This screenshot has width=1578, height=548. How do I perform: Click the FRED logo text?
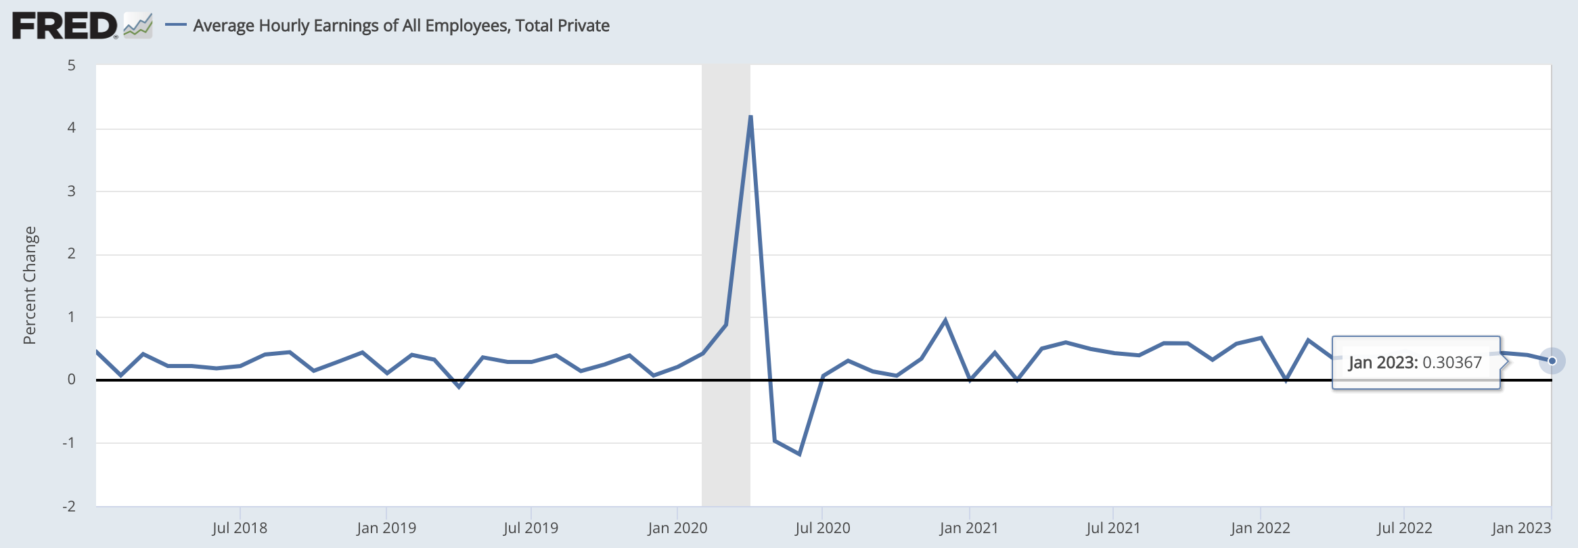[64, 26]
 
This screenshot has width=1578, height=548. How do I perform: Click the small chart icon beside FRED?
[138, 26]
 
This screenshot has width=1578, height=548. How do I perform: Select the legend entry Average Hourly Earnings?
[401, 26]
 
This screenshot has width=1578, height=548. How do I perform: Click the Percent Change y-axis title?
[30, 285]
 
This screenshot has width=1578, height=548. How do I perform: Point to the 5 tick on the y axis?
[71, 66]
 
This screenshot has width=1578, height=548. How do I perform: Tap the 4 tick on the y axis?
[71, 128]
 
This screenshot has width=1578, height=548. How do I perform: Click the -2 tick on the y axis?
[69, 506]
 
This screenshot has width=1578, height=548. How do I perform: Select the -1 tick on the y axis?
[69, 443]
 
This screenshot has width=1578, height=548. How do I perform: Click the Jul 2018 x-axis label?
[240, 528]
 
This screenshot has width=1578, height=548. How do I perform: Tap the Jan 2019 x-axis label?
[386, 528]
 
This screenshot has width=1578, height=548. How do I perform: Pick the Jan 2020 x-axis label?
[677, 528]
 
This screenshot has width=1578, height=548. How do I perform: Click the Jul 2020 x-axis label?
[822, 528]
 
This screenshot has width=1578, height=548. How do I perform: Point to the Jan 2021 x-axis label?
[968, 528]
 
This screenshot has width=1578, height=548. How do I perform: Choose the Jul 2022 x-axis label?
[1404, 528]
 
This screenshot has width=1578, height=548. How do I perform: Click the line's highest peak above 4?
[750, 116]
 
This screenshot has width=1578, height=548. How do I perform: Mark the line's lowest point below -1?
[799, 454]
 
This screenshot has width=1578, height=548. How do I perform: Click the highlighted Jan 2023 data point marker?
[1552, 361]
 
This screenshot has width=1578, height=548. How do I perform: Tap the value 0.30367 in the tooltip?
[1452, 363]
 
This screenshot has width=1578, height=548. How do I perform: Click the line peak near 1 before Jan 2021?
[945, 320]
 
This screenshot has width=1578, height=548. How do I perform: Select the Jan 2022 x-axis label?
[1260, 528]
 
